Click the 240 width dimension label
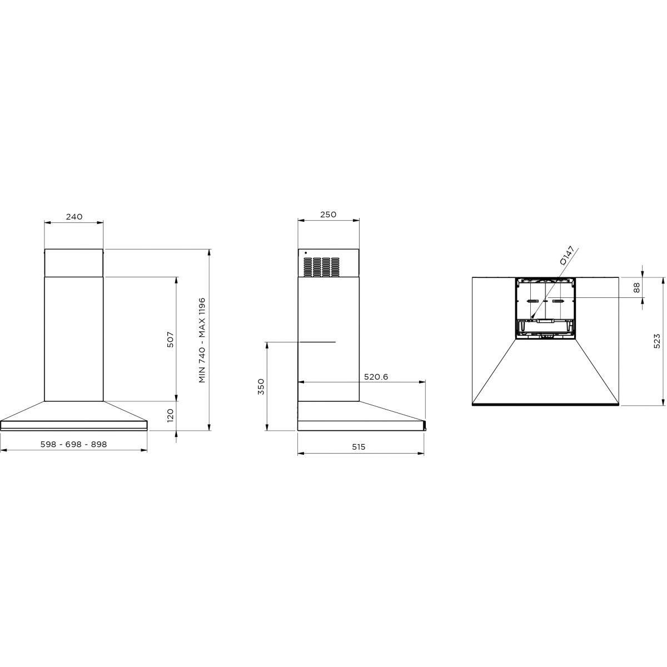point(74,217)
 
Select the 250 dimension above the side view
point(328,214)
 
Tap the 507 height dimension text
point(170,340)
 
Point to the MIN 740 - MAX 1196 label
point(202,340)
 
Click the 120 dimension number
point(170,415)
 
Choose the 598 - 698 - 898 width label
point(74,444)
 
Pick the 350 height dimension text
point(261,387)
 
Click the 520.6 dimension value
point(376,377)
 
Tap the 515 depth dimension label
point(359,447)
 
